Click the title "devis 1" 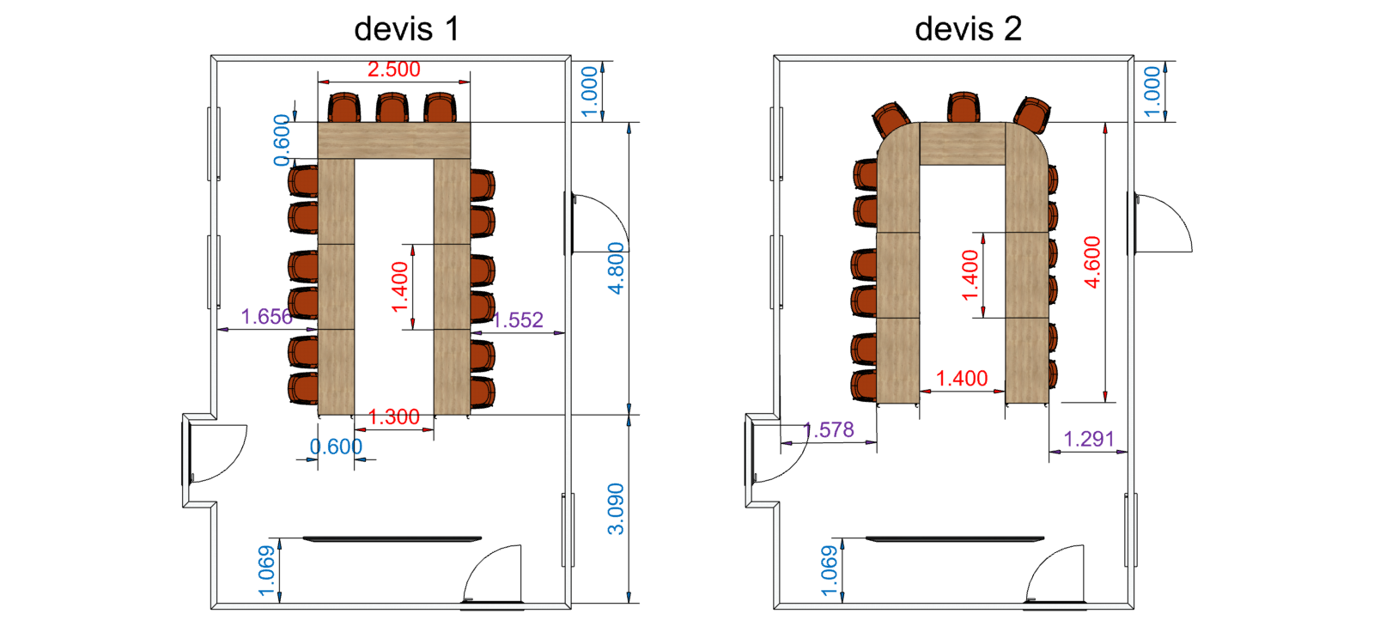pyautogui.click(x=406, y=29)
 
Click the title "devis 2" pyautogui.click(x=968, y=29)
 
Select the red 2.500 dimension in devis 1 pyautogui.click(x=394, y=70)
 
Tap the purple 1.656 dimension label pyautogui.click(x=266, y=317)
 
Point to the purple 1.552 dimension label pyautogui.click(x=518, y=320)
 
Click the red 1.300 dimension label pyautogui.click(x=394, y=417)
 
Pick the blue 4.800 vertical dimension pyautogui.click(x=617, y=268)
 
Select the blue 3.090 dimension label pyautogui.click(x=617, y=508)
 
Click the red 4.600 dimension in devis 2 pyautogui.click(x=1092, y=262)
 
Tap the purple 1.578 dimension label pyautogui.click(x=829, y=429)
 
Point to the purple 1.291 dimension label pyautogui.click(x=1089, y=440)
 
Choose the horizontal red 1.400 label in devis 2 pyautogui.click(x=962, y=379)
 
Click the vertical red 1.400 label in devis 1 pyautogui.click(x=400, y=288)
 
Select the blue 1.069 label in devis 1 pyautogui.click(x=267, y=570)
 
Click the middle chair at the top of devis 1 pyautogui.click(x=392, y=108)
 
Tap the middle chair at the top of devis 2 pyautogui.click(x=963, y=108)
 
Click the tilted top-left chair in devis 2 pyautogui.click(x=891, y=119)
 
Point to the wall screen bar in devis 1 pyautogui.click(x=392, y=539)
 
